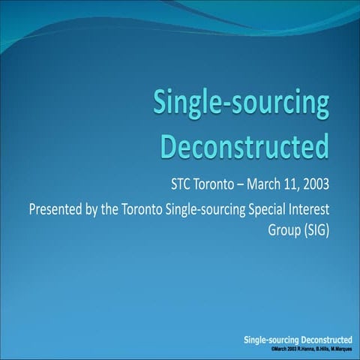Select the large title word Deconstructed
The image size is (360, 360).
[245, 145]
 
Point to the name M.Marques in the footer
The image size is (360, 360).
[338, 351]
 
